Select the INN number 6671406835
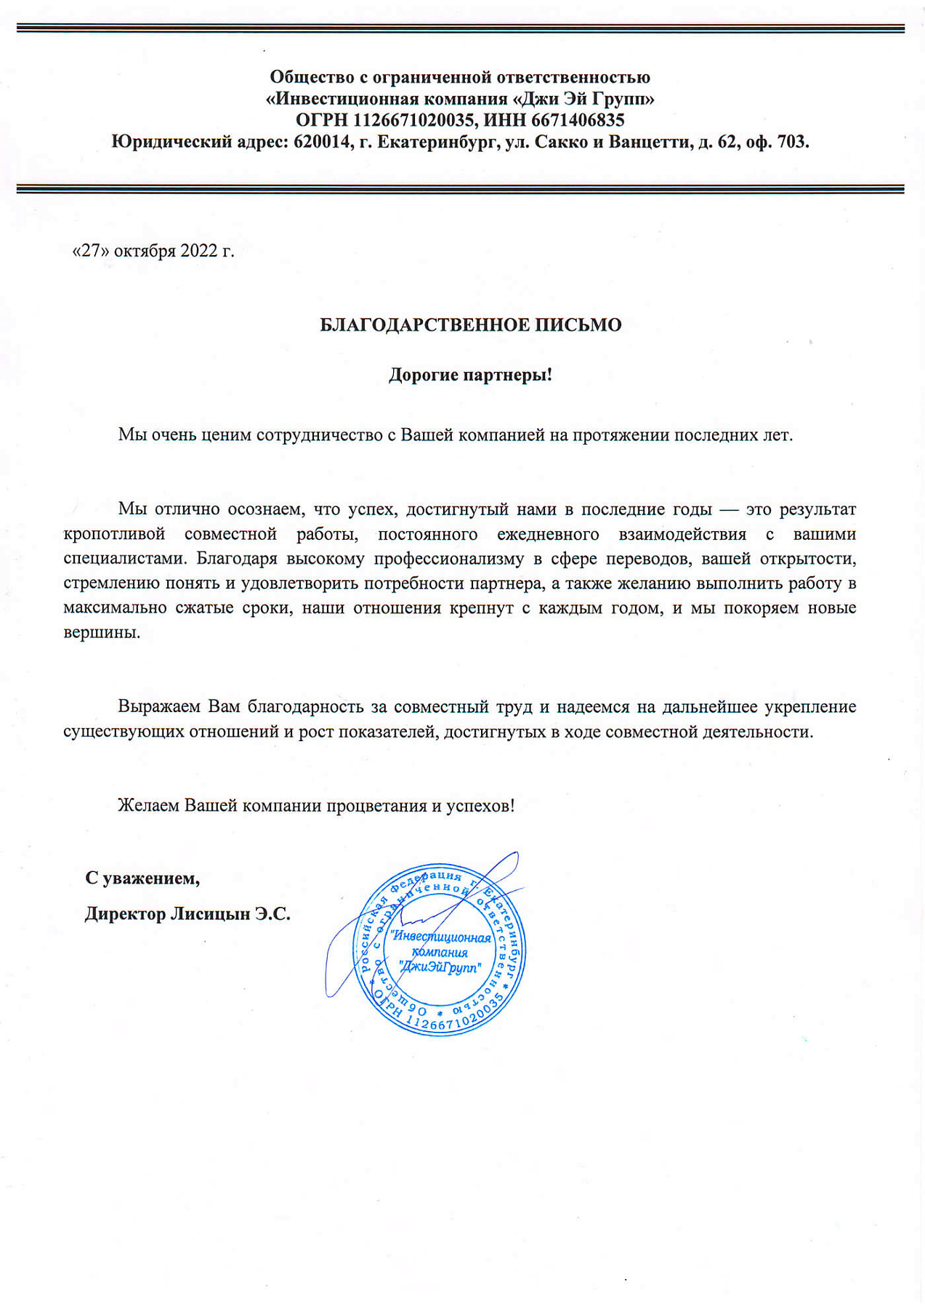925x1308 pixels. [x=578, y=120]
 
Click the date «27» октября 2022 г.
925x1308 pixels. [x=153, y=251]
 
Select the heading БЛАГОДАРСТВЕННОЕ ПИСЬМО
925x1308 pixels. [x=470, y=325]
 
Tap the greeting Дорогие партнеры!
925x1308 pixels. [x=470, y=375]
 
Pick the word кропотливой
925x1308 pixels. [x=114, y=534]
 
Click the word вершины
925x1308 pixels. [x=101, y=632]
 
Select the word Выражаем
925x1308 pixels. [x=160, y=706]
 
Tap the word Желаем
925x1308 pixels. [x=148, y=806]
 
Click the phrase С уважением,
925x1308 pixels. [x=142, y=878]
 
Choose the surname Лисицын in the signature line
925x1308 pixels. [x=210, y=913]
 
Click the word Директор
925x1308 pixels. [x=124, y=913]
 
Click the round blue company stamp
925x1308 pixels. [x=440, y=951]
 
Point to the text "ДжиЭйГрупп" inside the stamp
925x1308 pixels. [x=440, y=967]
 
